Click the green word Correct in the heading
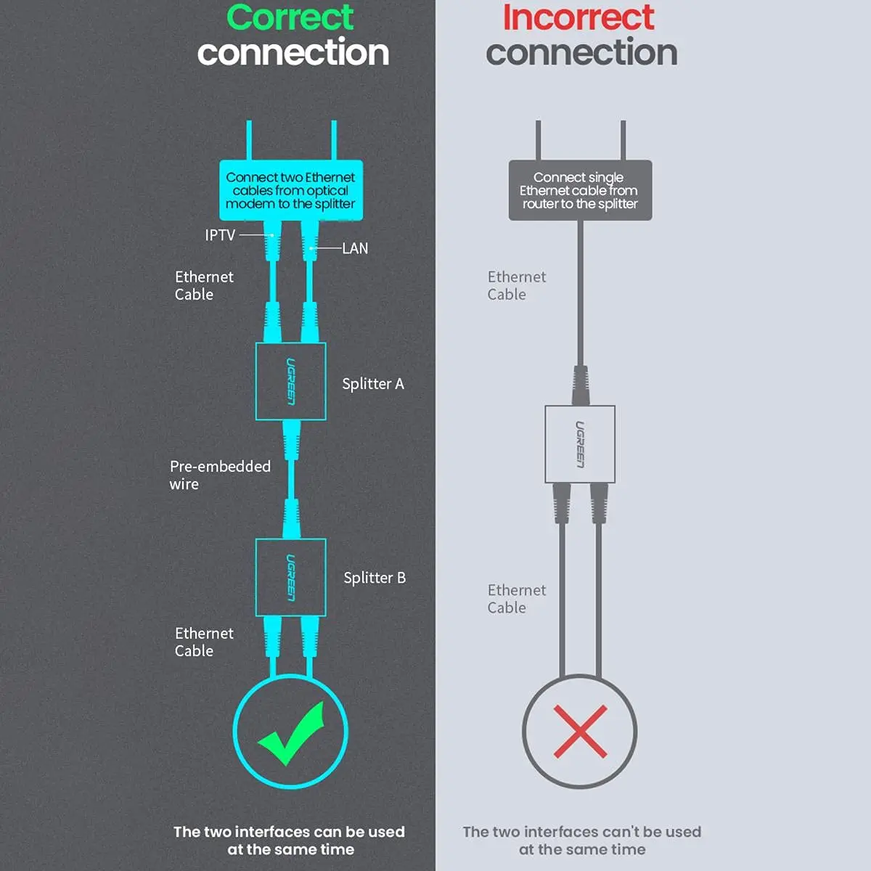pyautogui.click(x=290, y=17)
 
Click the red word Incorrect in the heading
pyautogui.click(x=578, y=17)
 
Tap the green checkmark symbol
pyautogui.click(x=291, y=733)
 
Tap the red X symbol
pyautogui.click(x=581, y=731)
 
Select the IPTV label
pyautogui.click(x=220, y=235)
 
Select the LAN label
pyautogui.click(x=355, y=248)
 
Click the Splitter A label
pyautogui.click(x=373, y=384)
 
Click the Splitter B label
pyautogui.click(x=375, y=578)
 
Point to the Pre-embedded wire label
pyautogui.click(x=220, y=475)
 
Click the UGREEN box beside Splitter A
pyautogui.click(x=290, y=382)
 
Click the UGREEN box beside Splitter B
pyautogui.click(x=290, y=577)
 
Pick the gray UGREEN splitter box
pyautogui.click(x=580, y=444)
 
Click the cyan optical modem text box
pyautogui.click(x=291, y=190)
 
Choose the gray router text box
pyautogui.click(x=581, y=190)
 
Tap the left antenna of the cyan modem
pyautogui.click(x=249, y=140)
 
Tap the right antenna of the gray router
pyautogui.click(x=623, y=140)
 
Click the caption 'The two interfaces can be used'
pyautogui.click(x=290, y=832)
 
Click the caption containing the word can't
pyautogui.click(x=582, y=841)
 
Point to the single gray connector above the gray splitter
pyautogui.click(x=581, y=385)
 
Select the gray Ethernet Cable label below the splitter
pyautogui.click(x=517, y=599)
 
